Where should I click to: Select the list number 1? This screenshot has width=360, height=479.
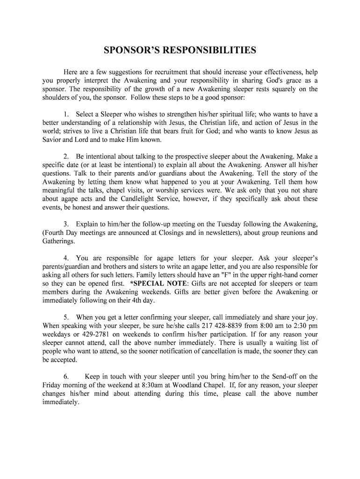tap(65, 114)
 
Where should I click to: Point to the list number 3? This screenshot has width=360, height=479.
tap(66, 225)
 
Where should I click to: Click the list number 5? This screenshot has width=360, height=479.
tap(66, 317)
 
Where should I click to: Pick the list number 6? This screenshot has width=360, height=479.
tap(66, 377)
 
